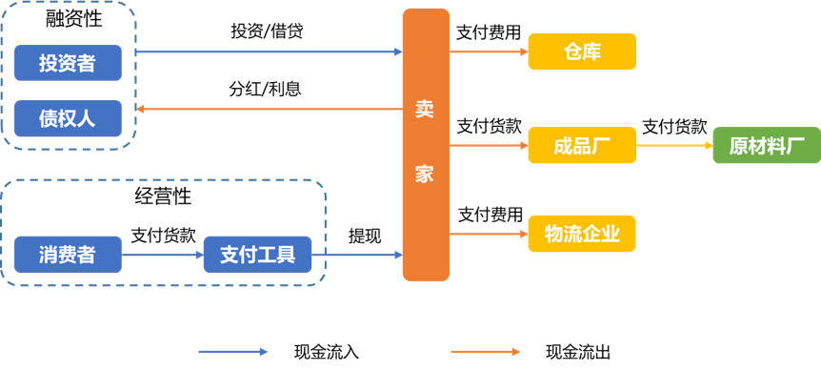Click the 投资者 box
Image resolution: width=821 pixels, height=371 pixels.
[x=68, y=63]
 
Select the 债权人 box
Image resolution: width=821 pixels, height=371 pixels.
[x=68, y=118]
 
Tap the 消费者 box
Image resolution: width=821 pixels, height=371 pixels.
[x=68, y=255]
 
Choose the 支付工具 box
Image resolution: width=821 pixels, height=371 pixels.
[x=258, y=255]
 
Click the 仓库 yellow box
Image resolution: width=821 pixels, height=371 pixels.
[x=582, y=52]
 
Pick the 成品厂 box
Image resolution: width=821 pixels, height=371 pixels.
[x=582, y=146]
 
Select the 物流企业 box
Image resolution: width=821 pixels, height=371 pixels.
[x=582, y=234]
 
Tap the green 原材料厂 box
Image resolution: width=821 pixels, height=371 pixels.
[x=766, y=146]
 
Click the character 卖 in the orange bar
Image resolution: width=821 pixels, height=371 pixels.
[x=425, y=108]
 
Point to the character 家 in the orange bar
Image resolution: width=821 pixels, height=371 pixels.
[x=425, y=175]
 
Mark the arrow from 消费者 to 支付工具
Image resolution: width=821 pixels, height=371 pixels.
[x=163, y=255]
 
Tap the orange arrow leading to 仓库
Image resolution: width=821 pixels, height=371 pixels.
[x=489, y=52]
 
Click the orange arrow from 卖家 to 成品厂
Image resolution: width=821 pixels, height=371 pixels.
[x=489, y=146]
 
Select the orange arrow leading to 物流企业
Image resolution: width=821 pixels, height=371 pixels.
[x=489, y=234]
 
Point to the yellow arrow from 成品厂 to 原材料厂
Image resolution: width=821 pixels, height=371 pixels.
[x=674, y=146]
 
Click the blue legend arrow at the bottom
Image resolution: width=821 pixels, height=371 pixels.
[x=233, y=352]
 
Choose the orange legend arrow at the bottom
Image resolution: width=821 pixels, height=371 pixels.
[x=486, y=352]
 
